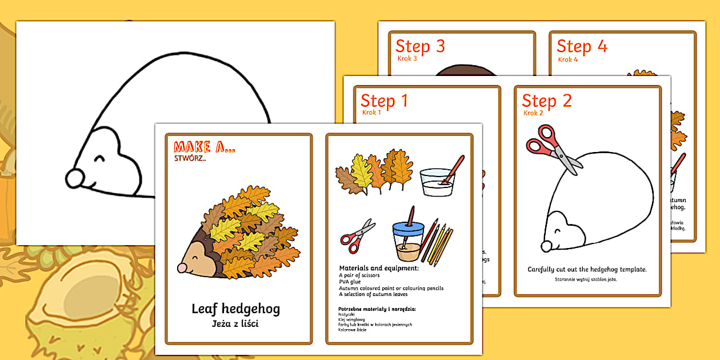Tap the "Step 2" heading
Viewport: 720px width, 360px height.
[546, 101]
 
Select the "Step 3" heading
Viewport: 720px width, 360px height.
[420, 46]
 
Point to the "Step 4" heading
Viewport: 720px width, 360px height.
[582, 46]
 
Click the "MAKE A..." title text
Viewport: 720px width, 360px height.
[204, 147]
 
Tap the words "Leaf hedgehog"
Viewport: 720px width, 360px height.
[235, 309]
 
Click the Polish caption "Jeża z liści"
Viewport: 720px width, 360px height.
[235, 325]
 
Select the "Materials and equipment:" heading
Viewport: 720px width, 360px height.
[379, 268]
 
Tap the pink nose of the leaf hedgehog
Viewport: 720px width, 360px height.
[182, 267]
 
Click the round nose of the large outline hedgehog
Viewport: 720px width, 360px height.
[74, 178]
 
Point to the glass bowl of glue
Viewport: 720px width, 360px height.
[437, 181]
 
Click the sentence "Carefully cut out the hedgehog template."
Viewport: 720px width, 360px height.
[587, 269]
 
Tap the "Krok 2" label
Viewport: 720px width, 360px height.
[532, 113]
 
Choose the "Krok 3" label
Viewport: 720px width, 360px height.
[407, 58]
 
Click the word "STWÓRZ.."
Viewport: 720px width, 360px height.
[190, 158]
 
